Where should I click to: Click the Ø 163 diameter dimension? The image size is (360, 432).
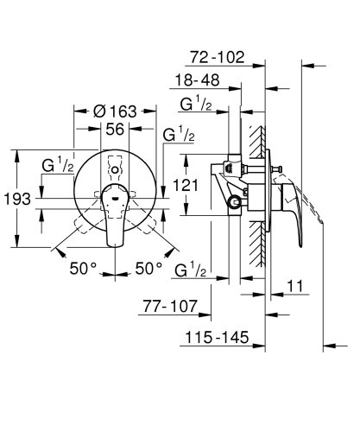[x=115, y=111]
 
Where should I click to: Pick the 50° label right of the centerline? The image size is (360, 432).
[x=148, y=269]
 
